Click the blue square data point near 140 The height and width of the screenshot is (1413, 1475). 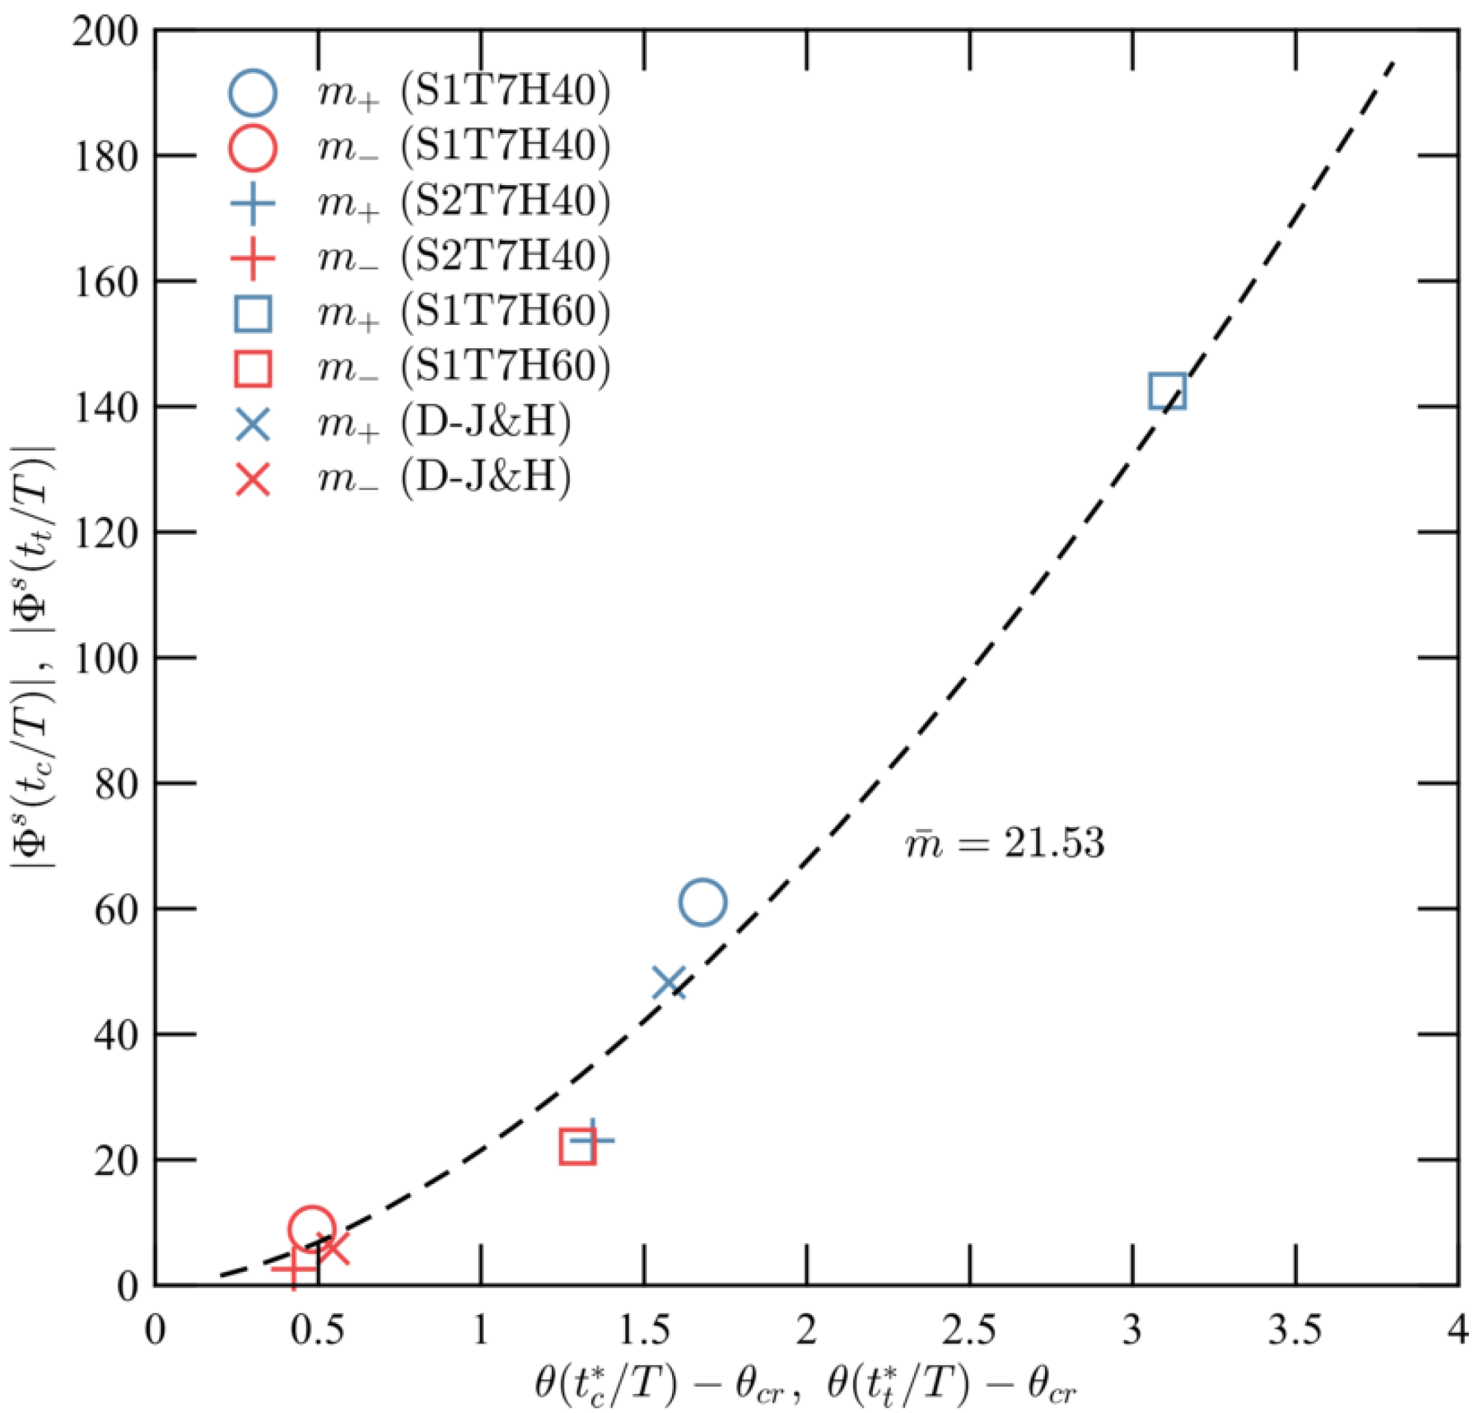1167,391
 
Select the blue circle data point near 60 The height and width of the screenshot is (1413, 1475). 702,902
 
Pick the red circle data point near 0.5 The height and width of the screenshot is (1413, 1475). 311,1228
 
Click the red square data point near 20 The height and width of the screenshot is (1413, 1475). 578,1148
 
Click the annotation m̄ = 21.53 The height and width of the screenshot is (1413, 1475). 1005,843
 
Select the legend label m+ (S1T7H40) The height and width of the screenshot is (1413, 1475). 463,92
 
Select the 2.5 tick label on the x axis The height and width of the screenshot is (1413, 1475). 970,1331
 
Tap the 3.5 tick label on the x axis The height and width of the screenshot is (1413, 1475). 1295,1331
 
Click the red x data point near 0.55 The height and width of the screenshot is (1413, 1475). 332,1248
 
